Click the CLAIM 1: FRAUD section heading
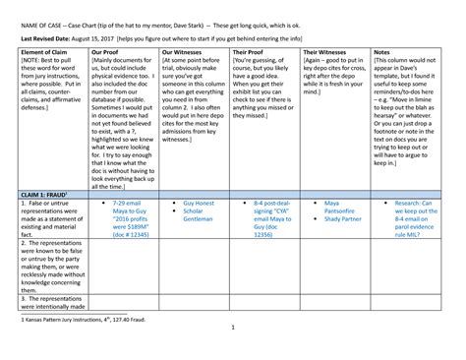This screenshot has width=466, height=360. click(43, 196)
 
